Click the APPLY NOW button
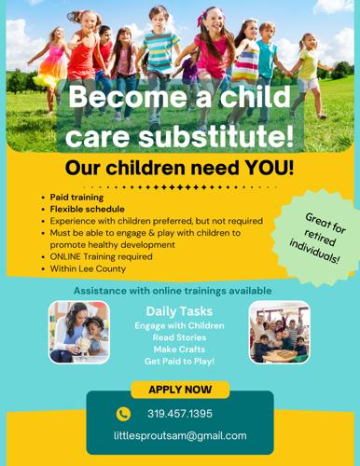tap(180, 390)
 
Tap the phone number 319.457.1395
tap(180, 414)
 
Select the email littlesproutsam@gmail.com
tap(180, 435)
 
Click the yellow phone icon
tap(123, 414)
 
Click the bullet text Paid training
tap(77, 199)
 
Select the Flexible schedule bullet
tap(88, 210)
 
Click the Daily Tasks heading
tap(179, 310)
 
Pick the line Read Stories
tap(179, 336)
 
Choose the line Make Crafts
tap(179, 349)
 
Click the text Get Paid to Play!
tap(179, 361)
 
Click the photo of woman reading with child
tap(79, 332)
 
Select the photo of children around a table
tap(279, 332)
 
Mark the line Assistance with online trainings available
tap(173, 290)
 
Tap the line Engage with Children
tap(179, 324)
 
